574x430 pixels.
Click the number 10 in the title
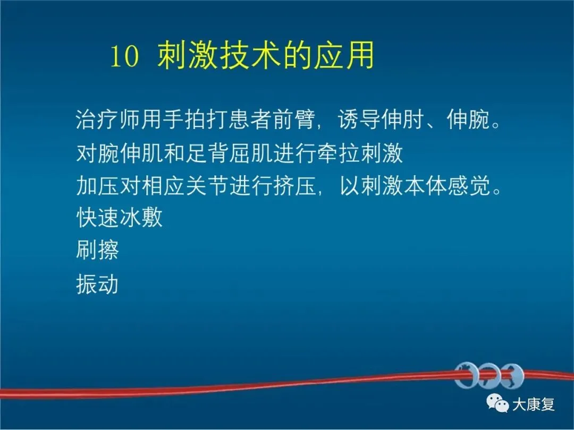coord(125,56)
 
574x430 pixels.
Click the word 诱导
coord(359,119)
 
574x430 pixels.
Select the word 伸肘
coord(402,119)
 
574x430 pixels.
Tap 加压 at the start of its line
coord(97,185)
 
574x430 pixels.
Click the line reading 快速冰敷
coord(119,218)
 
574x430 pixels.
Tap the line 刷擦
coord(97,250)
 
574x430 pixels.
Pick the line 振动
coord(97,283)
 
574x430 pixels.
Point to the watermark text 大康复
coord(533,405)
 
